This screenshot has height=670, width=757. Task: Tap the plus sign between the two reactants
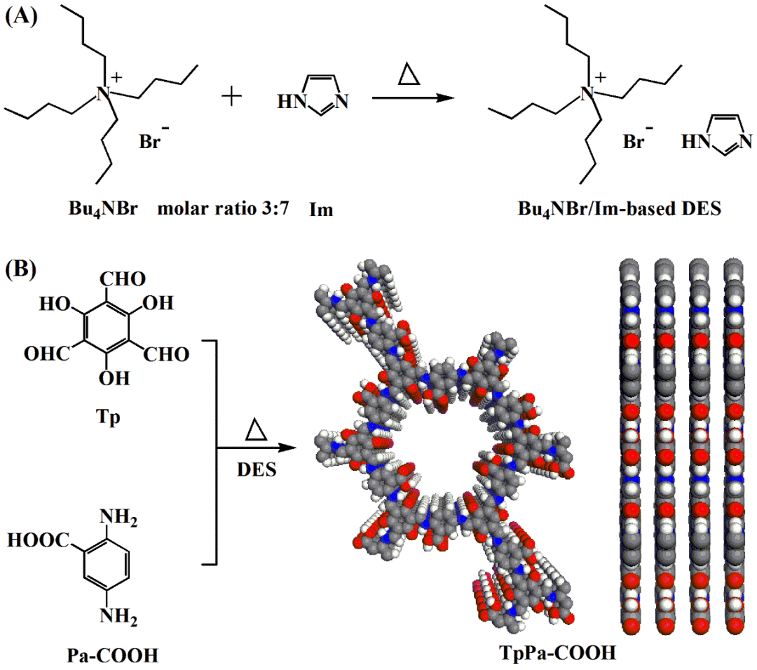(231, 98)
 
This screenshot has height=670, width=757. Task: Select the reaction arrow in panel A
(409, 98)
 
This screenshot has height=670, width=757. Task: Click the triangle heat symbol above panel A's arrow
(408, 74)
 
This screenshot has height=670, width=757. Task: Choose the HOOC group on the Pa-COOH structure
(39, 540)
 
